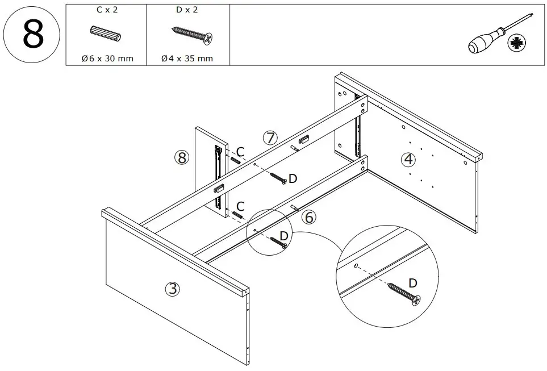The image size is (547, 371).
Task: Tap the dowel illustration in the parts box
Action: click(106, 34)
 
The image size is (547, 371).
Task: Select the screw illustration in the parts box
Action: click(192, 35)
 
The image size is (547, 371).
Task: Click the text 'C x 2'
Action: click(106, 10)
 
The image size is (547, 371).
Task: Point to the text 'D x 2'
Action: click(187, 10)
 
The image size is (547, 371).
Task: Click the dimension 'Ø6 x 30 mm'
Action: click(106, 59)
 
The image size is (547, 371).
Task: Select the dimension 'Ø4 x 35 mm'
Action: click(187, 59)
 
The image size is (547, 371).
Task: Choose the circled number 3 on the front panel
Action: click(172, 289)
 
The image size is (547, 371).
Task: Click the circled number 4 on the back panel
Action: click(408, 160)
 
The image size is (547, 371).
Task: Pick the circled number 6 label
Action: click(308, 217)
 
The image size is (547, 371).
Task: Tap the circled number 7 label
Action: click(270, 137)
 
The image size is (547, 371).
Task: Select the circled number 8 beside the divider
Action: click(181, 158)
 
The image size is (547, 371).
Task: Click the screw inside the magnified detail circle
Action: click(404, 293)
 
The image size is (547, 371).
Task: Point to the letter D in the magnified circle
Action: click(413, 282)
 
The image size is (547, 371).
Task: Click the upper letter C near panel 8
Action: click(241, 152)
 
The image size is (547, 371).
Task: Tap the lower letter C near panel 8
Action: click(241, 206)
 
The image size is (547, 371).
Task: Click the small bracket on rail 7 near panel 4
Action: click(304, 137)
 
